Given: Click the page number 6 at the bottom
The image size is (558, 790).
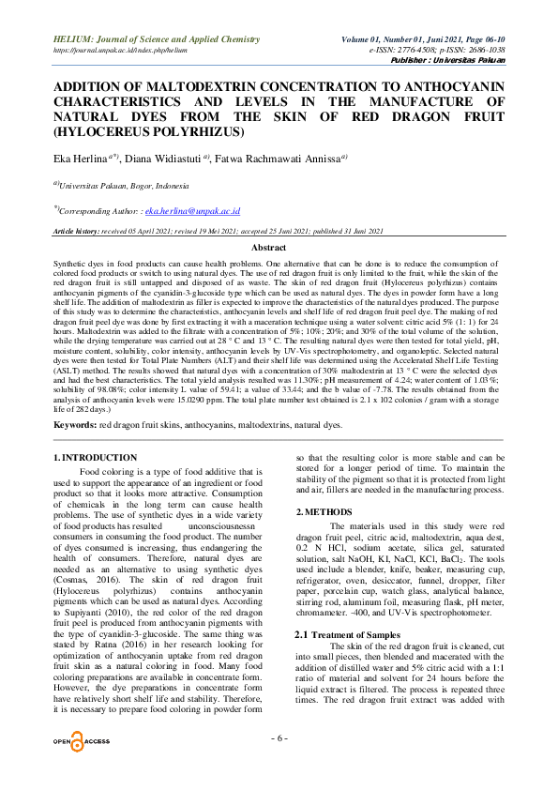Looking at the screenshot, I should coord(279,737).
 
